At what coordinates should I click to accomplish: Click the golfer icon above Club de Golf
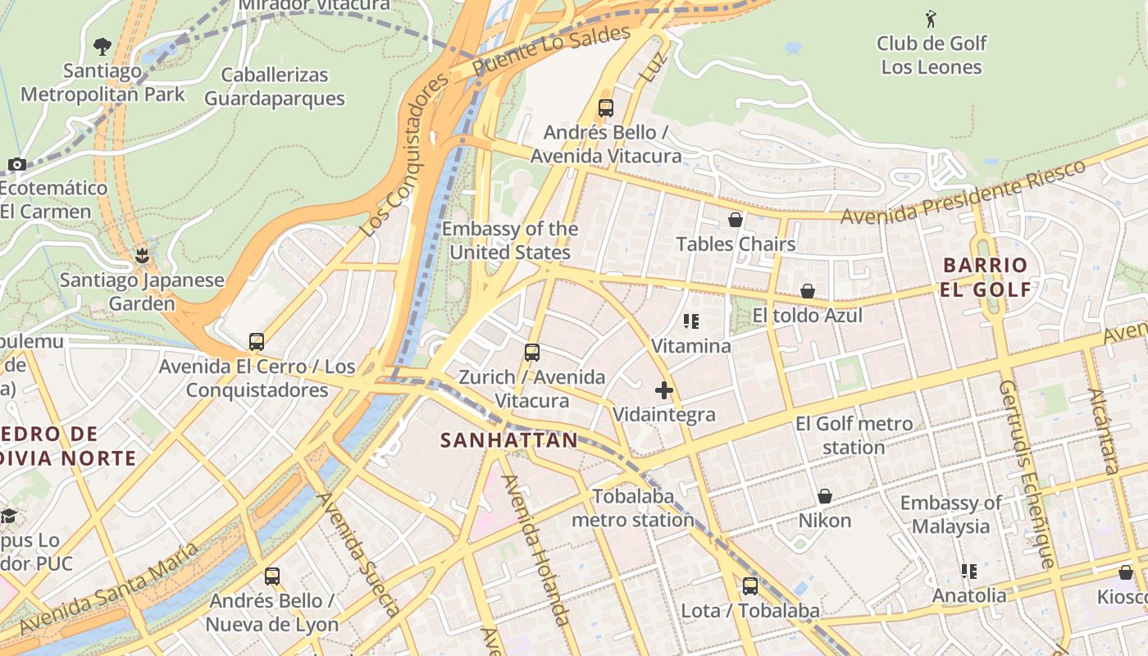pyautogui.click(x=931, y=19)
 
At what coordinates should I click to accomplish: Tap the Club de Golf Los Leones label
pyautogui.click(x=932, y=55)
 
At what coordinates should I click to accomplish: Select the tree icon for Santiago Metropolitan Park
pyautogui.click(x=102, y=47)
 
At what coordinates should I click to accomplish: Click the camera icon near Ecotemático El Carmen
pyautogui.click(x=17, y=165)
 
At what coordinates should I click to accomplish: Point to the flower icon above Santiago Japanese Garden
pyautogui.click(x=142, y=256)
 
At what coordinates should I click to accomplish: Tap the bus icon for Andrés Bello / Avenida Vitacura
pyautogui.click(x=606, y=107)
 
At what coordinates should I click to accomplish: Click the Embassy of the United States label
pyautogui.click(x=510, y=240)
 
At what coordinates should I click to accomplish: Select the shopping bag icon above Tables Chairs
pyautogui.click(x=736, y=220)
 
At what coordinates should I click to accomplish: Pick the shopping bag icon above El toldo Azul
pyautogui.click(x=808, y=291)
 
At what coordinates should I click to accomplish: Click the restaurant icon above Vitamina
pyautogui.click(x=691, y=321)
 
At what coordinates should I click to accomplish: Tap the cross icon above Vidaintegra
pyautogui.click(x=664, y=390)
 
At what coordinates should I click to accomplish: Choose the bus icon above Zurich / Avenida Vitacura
pyautogui.click(x=532, y=353)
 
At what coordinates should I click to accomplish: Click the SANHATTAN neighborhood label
pyautogui.click(x=509, y=440)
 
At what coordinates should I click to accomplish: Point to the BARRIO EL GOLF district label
pyautogui.click(x=986, y=277)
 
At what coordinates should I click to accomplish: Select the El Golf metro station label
pyautogui.click(x=854, y=435)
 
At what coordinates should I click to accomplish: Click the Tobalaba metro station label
pyautogui.click(x=633, y=508)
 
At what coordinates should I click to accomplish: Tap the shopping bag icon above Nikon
pyautogui.click(x=825, y=496)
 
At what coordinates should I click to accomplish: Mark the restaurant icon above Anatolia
pyautogui.click(x=969, y=571)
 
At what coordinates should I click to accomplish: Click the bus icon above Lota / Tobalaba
pyautogui.click(x=750, y=586)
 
